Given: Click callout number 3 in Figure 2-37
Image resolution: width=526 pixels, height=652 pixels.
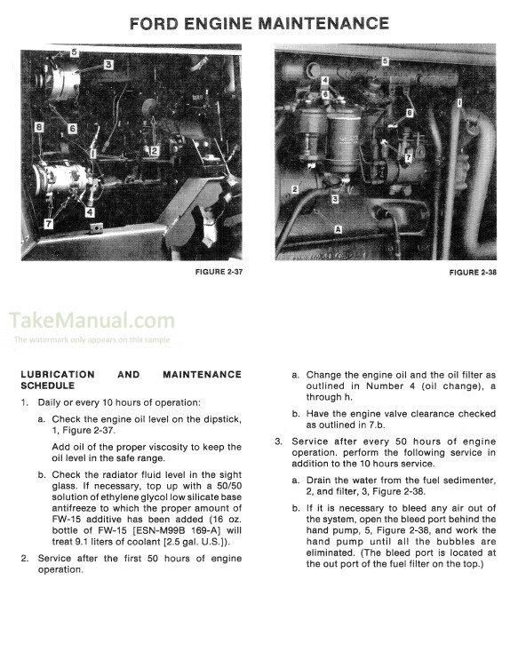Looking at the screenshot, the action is pos(108,65).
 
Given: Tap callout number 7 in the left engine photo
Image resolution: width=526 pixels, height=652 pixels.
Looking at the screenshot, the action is pos(49,224).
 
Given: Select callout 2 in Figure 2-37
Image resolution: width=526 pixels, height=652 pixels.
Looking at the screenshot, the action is pos(155,150).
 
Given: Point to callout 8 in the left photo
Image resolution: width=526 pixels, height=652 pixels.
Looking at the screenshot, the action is pos(39,126).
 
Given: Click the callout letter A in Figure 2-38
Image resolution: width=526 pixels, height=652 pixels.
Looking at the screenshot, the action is pos(338,229).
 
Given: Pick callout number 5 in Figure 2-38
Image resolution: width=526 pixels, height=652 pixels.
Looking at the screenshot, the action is pos(385,61).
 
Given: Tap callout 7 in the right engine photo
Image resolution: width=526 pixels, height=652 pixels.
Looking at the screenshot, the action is pos(408,157).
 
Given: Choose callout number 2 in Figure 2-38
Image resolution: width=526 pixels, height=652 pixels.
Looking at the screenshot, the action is pos(295,189).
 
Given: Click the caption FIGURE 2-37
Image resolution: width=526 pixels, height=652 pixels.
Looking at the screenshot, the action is pos(219,272).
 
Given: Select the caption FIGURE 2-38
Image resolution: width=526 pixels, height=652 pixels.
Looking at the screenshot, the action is pos(473,273).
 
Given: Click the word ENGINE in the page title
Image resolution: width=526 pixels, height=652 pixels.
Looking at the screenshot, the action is pos(218,23).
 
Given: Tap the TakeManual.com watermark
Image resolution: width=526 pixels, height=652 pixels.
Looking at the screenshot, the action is pos(92,320).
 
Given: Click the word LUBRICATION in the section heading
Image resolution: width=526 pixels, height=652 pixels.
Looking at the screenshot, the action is pos(58,374).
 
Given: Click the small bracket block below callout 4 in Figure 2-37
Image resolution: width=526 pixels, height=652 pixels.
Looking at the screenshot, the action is pos(96,228).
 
